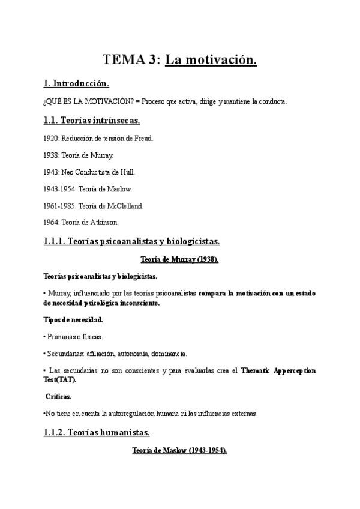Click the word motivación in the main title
[220, 59]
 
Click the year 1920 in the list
[51, 138]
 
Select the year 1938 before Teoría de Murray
[51, 155]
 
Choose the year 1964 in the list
[51, 222]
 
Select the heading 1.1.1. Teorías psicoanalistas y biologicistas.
[131, 242]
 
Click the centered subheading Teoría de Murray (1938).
[179, 259]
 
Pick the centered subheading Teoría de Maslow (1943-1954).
[179, 450]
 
